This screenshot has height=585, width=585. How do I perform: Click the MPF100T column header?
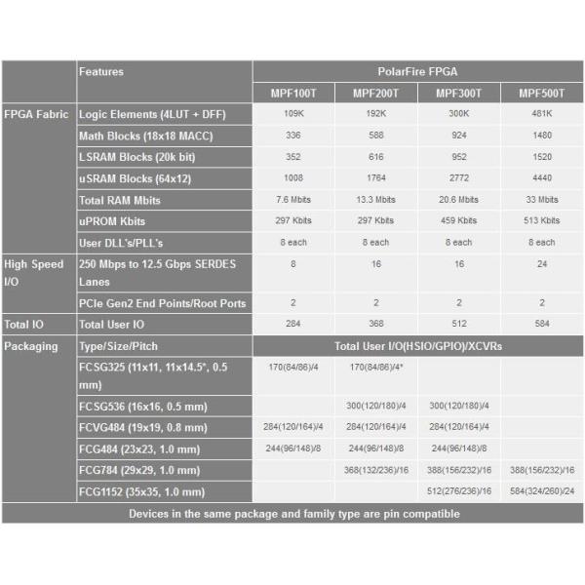[293, 93]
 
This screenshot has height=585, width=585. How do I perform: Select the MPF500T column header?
[542, 93]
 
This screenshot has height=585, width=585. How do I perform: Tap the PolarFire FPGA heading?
[417, 71]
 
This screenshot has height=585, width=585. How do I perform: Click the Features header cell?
[101, 71]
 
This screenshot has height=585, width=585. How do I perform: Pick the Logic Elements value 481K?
[542, 114]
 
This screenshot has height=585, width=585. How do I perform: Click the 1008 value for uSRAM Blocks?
[293, 178]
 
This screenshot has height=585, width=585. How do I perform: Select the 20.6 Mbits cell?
[459, 200]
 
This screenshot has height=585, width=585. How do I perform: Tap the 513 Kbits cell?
[542, 221]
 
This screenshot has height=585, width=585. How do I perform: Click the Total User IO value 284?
[293, 324]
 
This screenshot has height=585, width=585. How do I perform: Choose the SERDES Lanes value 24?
[542, 263]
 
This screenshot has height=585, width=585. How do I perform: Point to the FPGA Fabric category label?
[36, 114]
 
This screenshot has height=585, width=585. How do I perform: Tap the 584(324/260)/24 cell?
[542, 491]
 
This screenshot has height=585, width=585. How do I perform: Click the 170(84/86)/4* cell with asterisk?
[376, 369]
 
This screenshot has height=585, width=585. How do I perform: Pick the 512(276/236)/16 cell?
[459, 491]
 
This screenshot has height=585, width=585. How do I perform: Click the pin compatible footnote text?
[293, 514]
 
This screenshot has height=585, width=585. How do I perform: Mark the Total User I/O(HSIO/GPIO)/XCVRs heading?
[417, 346]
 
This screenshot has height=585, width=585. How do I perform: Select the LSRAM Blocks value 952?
[459, 157]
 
